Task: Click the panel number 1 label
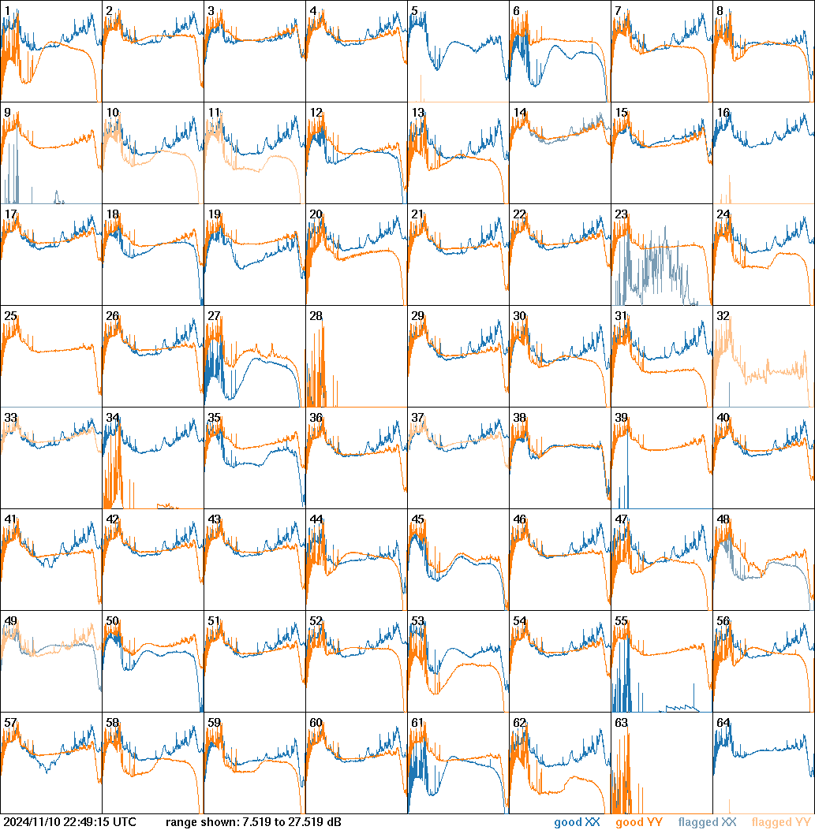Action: coord(7,11)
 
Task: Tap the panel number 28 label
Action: coord(316,316)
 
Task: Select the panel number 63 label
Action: coord(621,723)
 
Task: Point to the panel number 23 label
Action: coord(621,214)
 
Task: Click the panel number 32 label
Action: coord(723,316)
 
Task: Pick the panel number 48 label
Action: coord(723,519)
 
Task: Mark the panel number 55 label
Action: coord(621,621)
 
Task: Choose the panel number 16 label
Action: coord(723,113)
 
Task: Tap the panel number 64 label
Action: coord(723,723)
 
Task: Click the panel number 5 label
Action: coord(414,11)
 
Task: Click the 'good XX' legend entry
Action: coord(578,823)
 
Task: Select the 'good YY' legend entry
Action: coord(639,823)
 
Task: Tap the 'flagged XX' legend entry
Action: coord(707,823)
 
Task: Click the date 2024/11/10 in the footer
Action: coord(31,823)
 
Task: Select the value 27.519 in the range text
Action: coord(307,823)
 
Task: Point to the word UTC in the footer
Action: coord(124,823)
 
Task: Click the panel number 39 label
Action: coord(621,418)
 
